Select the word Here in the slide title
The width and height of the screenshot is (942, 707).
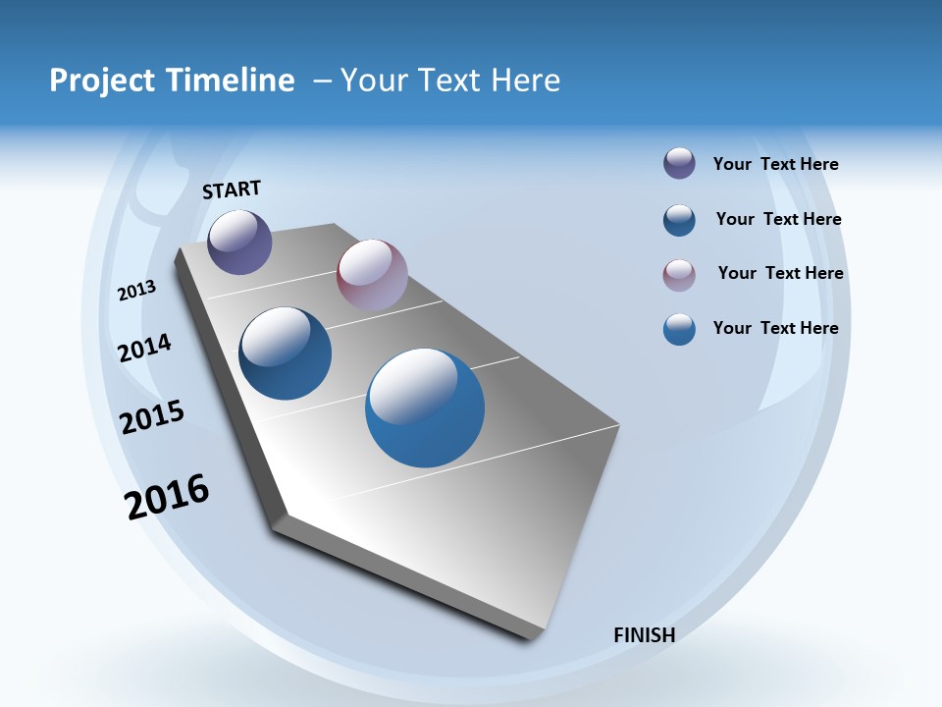point(525,81)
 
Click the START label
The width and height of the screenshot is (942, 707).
point(232,190)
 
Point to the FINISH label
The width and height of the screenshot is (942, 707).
point(645,635)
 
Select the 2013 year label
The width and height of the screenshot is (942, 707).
point(137,290)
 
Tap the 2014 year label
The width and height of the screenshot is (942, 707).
point(145,349)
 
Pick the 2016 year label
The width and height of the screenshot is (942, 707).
point(167,497)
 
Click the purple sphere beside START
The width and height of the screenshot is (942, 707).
point(240,242)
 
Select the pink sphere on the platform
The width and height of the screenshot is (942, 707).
point(372,274)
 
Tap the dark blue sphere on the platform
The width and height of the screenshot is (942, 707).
point(286,353)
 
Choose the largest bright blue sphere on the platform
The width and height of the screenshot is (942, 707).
point(425,408)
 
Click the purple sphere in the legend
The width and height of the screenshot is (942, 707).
point(679,164)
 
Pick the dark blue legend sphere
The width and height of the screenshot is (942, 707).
point(679,220)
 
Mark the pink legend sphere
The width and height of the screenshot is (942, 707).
point(679,275)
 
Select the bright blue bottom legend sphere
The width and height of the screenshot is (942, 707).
point(679,329)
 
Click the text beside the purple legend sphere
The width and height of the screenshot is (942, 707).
point(775,165)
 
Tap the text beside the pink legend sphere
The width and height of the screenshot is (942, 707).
point(780,273)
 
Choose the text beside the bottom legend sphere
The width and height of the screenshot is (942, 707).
point(775,328)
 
